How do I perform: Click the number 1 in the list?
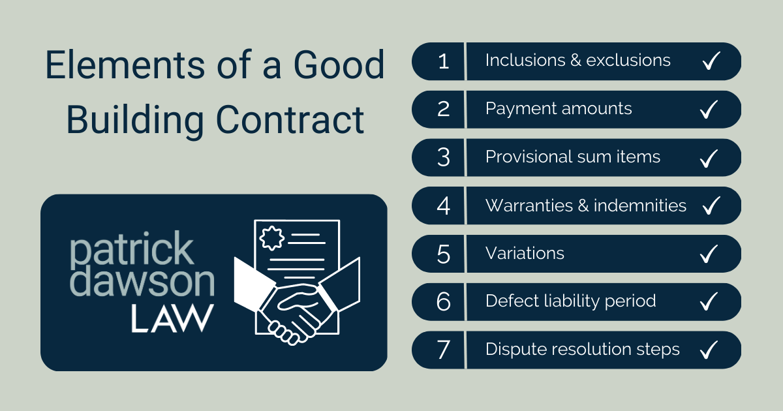point(444,61)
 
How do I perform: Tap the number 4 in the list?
point(444,206)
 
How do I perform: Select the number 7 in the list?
point(444,350)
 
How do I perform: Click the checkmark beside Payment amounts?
point(709,110)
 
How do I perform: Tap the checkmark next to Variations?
point(709,254)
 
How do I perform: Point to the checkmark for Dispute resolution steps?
point(709,350)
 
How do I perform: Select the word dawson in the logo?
point(142,282)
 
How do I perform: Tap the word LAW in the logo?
point(172,317)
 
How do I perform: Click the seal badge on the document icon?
point(271,237)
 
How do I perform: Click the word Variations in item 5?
point(525,253)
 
